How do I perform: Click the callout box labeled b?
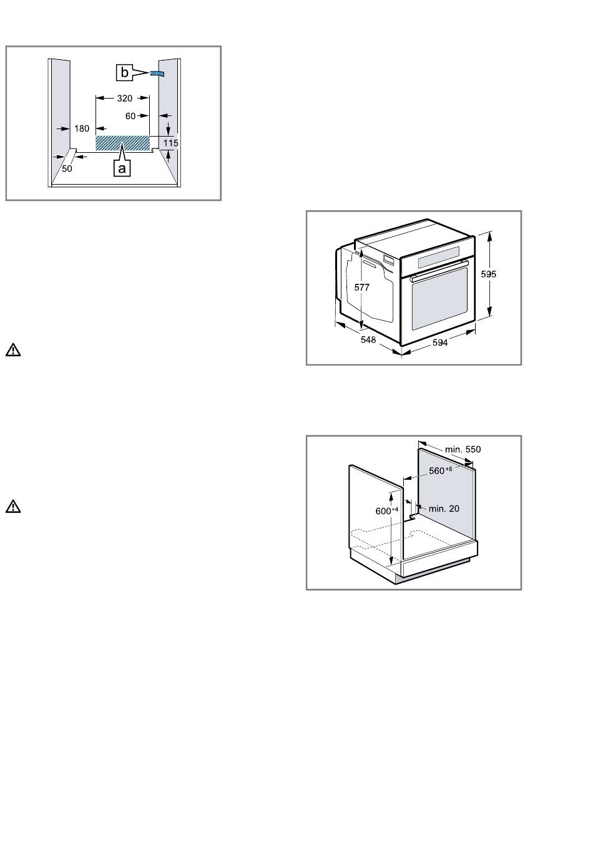[124, 72]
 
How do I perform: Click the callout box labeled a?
[122, 168]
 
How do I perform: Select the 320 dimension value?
[124, 99]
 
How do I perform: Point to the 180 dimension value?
[82, 129]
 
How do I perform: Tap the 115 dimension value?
[170, 143]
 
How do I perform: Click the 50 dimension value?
[67, 168]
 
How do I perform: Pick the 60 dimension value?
[130, 116]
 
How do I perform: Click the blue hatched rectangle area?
[122, 143]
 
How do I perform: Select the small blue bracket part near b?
[157, 73]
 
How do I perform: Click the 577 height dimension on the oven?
[361, 288]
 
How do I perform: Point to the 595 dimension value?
[488, 274]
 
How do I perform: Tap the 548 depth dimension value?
[368, 340]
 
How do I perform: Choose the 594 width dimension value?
[439, 342]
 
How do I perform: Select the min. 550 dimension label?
[463, 450]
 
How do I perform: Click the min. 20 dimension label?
[444, 508]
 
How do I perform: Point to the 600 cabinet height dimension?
[386, 511]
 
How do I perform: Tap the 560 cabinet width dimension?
[440, 470]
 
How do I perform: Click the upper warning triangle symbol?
[13, 350]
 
